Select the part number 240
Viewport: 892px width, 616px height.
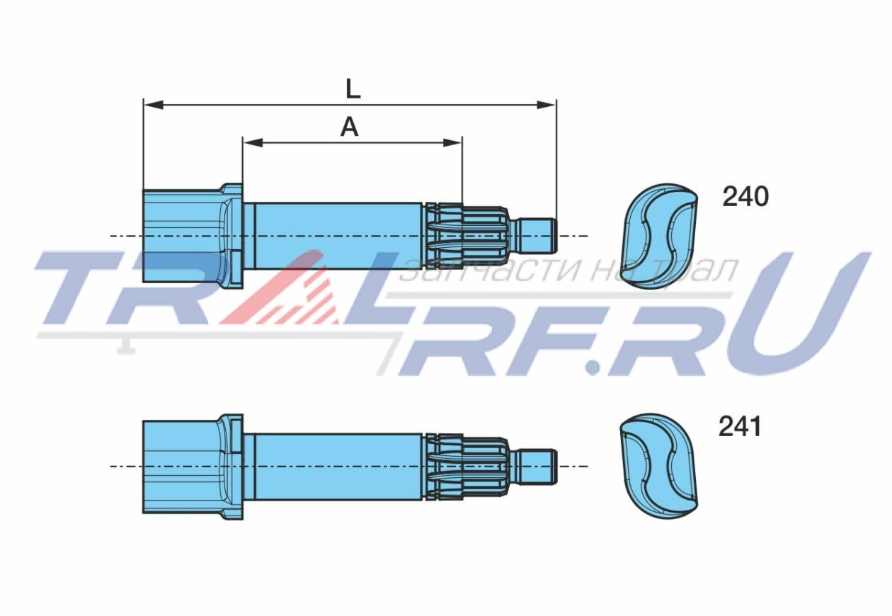pos(745,197)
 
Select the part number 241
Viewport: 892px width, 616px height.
pos(740,427)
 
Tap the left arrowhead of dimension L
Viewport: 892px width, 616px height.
pos(154,105)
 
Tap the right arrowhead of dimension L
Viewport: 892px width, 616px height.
pos(546,105)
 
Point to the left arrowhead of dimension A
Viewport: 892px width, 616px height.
pos(253,142)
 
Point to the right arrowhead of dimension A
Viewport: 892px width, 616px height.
pos(453,142)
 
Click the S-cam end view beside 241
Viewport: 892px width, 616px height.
pos(658,466)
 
